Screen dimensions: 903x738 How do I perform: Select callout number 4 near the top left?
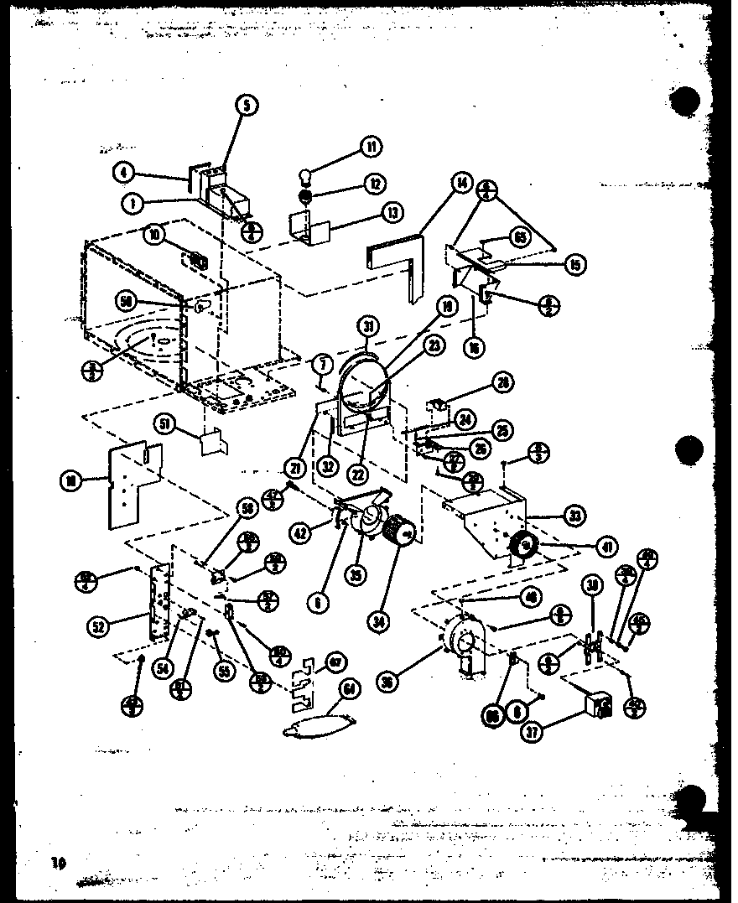(124, 174)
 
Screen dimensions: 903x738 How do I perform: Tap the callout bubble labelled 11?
(368, 148)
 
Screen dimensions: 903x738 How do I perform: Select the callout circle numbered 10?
(153, 237)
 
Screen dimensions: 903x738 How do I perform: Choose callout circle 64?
(347, 688)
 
